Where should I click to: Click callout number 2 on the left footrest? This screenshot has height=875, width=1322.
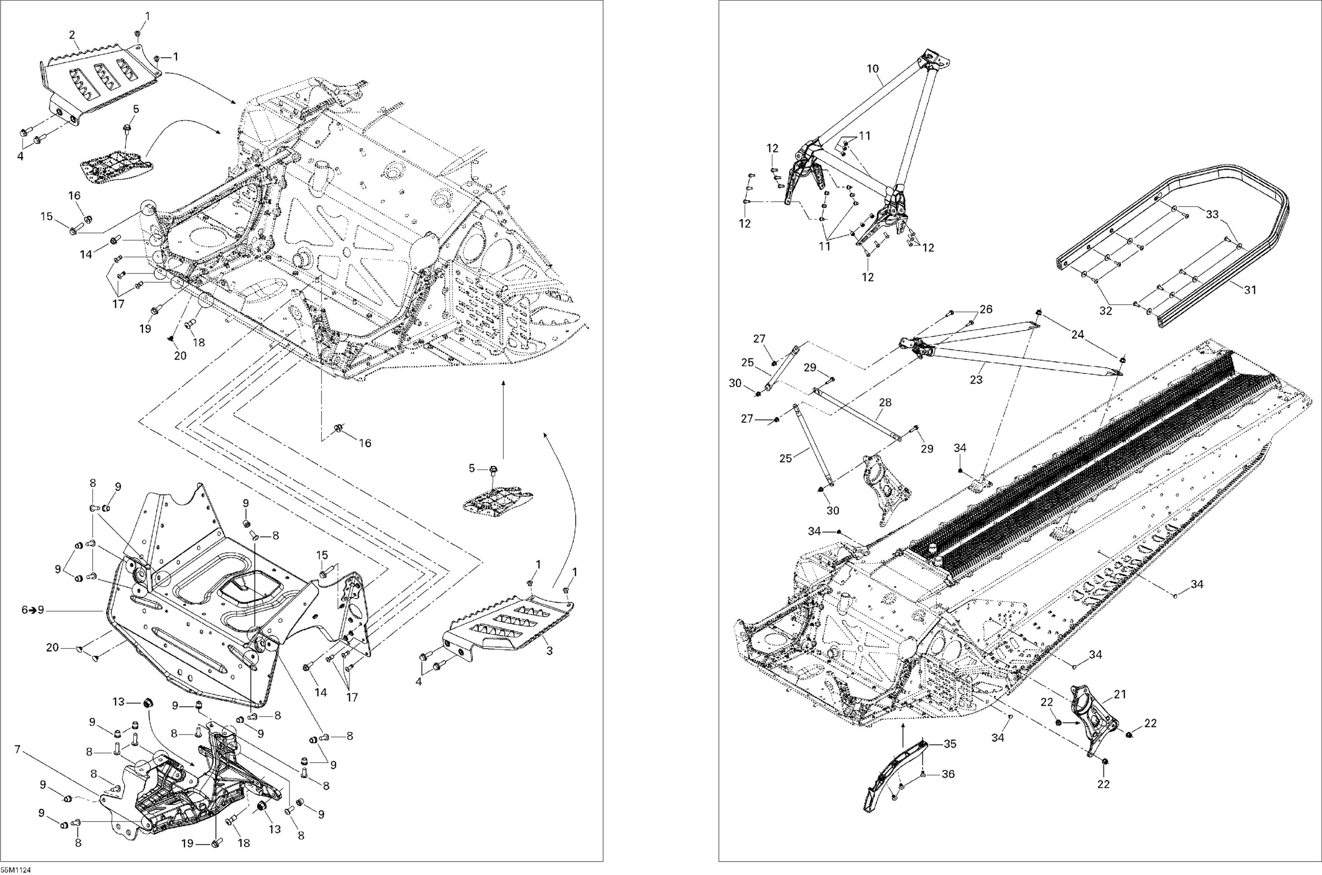tap(72, 35)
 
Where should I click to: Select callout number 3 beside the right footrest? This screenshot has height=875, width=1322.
tap(549, 651)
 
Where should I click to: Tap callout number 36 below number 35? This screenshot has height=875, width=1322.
tap(948, 774)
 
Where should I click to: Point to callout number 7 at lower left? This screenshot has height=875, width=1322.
tap(17, 749)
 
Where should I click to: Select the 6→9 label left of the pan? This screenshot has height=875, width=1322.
tap(32, 611)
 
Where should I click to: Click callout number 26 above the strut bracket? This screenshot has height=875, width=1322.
tap(986, 309)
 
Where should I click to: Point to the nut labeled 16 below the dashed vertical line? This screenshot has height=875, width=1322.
tap(338, 429)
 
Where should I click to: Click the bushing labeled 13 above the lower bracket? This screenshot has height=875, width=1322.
tap(149, 702)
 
